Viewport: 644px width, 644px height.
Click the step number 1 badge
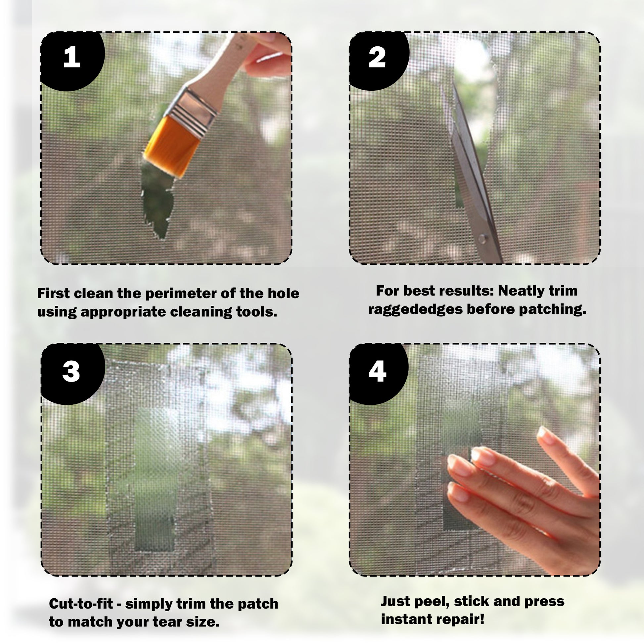[72, 58]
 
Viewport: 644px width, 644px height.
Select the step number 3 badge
[72, 372]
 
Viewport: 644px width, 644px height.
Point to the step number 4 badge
[378, 372]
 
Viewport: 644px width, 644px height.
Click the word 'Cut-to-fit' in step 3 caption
[81, 604]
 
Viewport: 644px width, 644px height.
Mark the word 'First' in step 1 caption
[53, 294]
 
